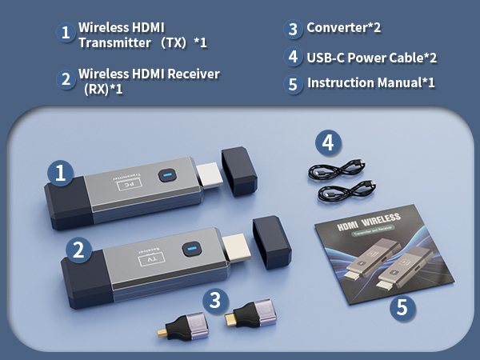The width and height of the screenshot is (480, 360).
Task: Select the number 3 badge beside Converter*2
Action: [x=294, y=30]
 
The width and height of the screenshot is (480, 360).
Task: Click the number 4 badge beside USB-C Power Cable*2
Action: [x=294, y=57]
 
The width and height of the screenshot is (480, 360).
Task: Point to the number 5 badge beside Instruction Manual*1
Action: [x=294, y=84]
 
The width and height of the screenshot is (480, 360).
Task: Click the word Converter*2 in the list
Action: [x=344, y=29]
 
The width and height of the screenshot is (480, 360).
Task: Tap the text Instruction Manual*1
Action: [x=371, y=83]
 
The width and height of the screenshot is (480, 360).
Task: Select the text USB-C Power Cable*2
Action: [x=372, y=57]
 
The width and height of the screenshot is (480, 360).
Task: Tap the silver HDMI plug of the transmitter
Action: [x=207, y=173]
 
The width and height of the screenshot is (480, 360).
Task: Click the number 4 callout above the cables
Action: [x=327, y=143]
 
